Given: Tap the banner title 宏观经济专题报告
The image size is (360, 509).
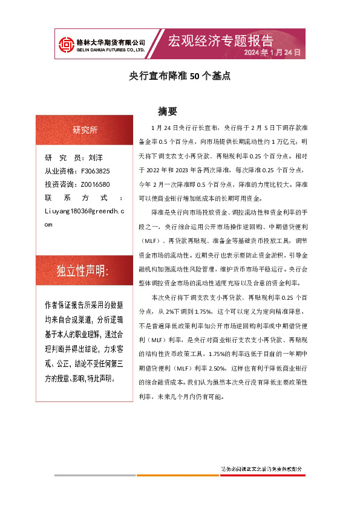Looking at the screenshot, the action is point(220,41).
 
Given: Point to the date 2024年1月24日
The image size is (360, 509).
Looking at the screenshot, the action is point(272,53).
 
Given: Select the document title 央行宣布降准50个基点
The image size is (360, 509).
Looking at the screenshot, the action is point(180,77).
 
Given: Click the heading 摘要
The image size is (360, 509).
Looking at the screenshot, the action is point(167,111).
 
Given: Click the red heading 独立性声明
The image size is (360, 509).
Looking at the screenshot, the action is point(82,270).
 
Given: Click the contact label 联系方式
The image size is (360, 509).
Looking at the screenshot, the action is point(84,198).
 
